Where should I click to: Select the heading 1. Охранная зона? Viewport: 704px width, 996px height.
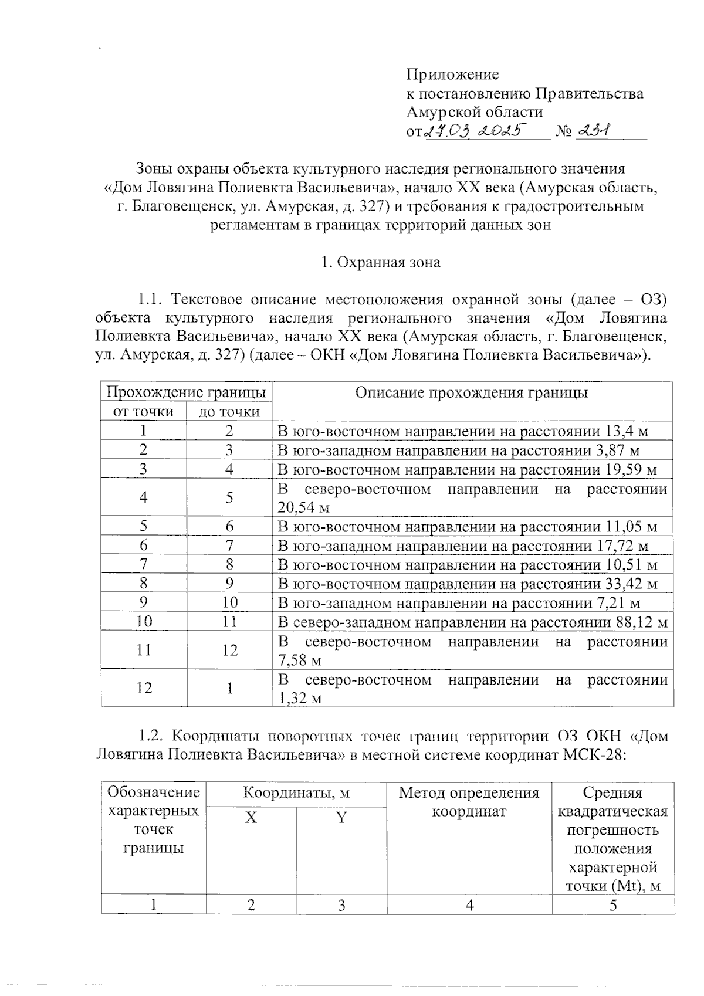coord(381,262)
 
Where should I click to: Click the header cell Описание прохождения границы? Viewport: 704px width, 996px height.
coord(472,392)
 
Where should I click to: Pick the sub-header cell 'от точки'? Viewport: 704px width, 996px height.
coord(143,412)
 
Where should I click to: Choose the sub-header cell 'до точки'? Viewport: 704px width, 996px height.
coord(229,412)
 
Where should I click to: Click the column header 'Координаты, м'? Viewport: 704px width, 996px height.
coord(296,793)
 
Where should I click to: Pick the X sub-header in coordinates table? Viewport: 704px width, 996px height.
coord(251,818)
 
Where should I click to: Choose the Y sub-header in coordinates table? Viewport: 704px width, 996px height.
coord(341,818)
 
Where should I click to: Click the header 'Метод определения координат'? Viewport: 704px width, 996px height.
coord(469,802)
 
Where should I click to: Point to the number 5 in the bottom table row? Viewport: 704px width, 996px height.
coord(613,905)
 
